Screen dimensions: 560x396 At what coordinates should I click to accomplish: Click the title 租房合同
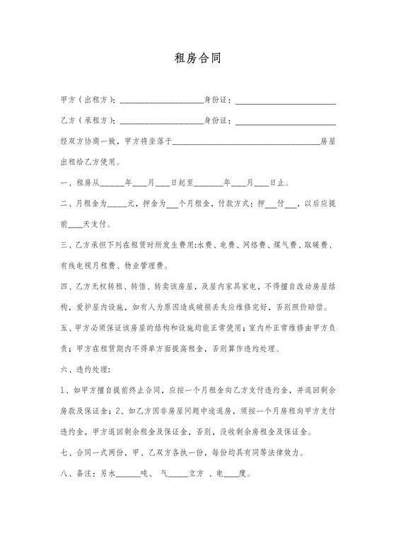point(197,58)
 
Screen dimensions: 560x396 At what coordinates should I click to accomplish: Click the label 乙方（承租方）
point(89,121)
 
